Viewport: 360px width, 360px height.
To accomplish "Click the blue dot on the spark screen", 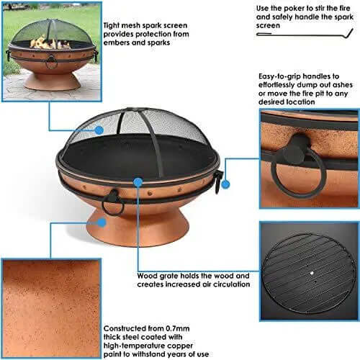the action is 99,130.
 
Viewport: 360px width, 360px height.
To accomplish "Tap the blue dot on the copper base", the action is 102,222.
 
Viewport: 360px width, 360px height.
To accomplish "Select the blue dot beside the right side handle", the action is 225,184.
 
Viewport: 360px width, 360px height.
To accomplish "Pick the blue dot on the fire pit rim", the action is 138,182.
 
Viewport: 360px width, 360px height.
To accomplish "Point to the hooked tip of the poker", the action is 351,33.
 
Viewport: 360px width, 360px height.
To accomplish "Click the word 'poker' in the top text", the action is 293,9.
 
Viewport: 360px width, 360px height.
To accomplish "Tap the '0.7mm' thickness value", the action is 178,328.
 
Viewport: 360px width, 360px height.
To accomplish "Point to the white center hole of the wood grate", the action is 312,273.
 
